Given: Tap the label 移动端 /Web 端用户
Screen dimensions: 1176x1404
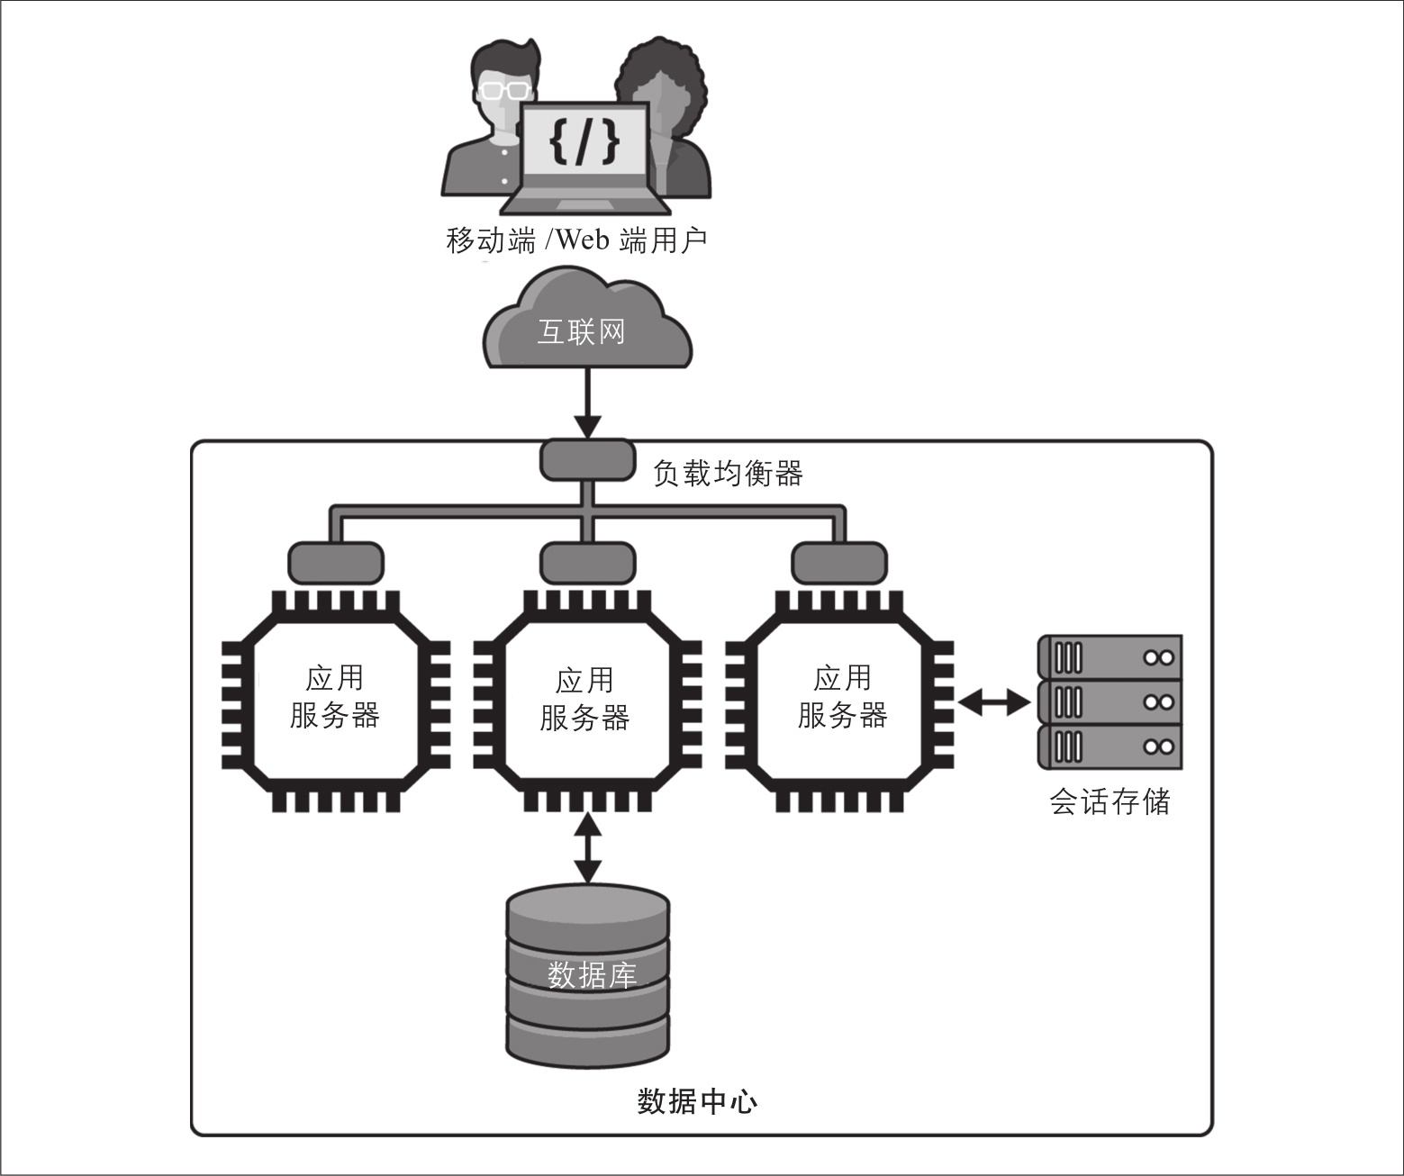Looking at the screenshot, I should [x=576, y=240].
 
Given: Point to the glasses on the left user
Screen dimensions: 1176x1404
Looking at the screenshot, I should [x=503, y=88].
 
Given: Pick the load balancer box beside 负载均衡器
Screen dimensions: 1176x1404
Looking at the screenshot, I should [x=586, y=459].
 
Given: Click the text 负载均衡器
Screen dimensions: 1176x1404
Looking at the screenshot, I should [x=728, y=473].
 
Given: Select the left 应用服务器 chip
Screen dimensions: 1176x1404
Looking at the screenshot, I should [x=335, y=698].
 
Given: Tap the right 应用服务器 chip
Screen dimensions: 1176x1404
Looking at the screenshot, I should [x=840, y=698].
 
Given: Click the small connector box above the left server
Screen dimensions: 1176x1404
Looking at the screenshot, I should [x=335, y=563].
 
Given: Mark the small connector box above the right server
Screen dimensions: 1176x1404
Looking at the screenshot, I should [x=839, y=563].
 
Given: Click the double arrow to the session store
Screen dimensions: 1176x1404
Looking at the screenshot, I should [x=994, y=701].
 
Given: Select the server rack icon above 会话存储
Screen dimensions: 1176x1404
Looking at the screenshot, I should [x=1110, y=701].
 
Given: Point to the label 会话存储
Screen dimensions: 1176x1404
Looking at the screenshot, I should [x=1110, y=801].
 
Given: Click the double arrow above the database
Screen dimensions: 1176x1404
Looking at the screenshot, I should [x=588, y=846].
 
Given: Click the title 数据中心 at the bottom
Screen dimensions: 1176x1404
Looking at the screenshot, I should [x=697, y=1101].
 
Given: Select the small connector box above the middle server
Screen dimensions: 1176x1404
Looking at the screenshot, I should [x=586, y=563].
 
